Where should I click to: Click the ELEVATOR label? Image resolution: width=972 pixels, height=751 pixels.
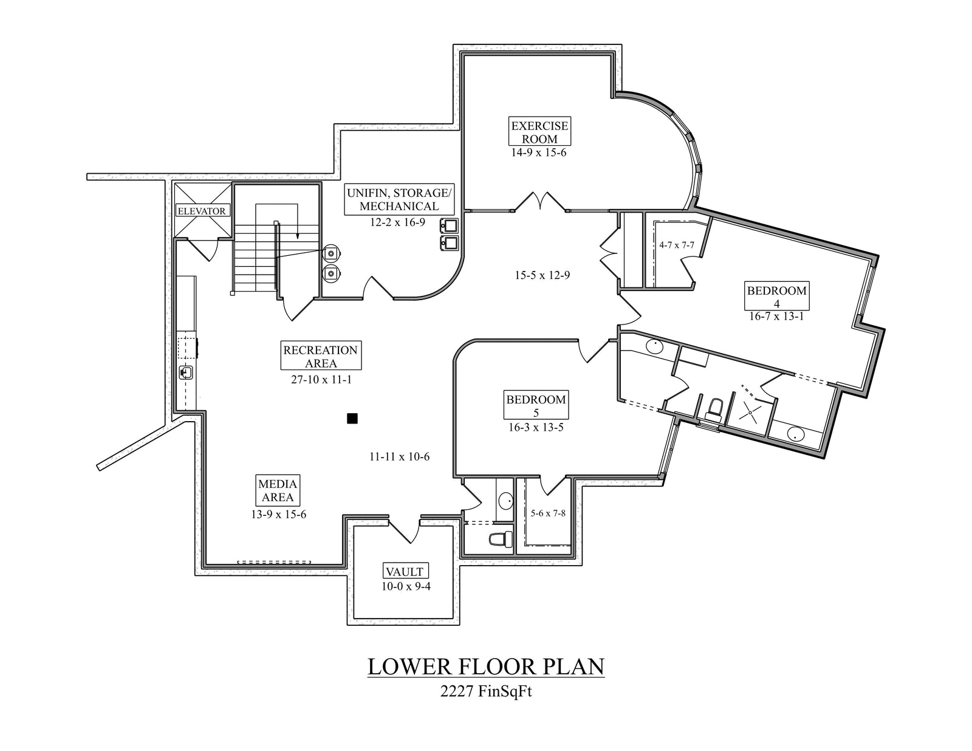[202, 211]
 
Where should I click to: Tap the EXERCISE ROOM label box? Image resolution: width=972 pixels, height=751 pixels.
[539, 132]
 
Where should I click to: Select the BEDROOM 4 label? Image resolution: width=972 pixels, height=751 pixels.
[776, 297]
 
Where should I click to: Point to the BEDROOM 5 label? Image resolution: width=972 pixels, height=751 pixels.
[536, 406]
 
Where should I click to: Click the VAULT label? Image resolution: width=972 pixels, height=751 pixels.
[404, 572]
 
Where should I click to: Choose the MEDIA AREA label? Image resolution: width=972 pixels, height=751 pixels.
[278, 490]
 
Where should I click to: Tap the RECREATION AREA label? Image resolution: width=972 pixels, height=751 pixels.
[321, 357]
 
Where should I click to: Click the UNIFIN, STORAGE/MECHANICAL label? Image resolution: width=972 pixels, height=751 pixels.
[399, 199]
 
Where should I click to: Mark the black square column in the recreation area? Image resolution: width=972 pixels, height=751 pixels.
[352, 418]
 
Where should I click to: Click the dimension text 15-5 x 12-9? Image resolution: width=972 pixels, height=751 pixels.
[542, 275]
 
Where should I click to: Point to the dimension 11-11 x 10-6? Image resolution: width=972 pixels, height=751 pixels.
[399, 456]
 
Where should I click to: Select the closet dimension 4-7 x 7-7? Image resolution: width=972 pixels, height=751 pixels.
[676, 245]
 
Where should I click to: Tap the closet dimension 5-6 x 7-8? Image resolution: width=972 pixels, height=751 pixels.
[547, 513]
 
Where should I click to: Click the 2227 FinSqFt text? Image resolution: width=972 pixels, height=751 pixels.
[486, 691]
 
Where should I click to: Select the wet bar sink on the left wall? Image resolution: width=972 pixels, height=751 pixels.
[186, 372]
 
